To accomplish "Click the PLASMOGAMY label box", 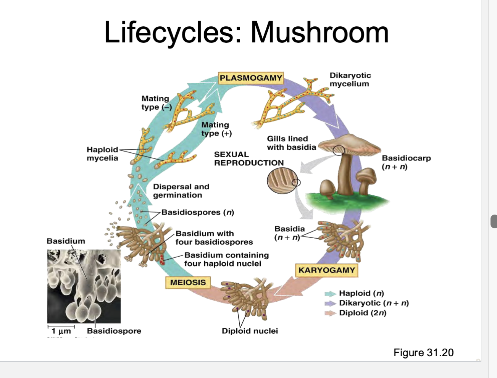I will (x=251, y=78).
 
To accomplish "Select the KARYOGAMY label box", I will (x=327, y=270).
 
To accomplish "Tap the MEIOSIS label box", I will (x=188, y=283).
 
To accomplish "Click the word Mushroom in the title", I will (x=319, y=32).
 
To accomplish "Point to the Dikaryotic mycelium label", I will (x=350, y=79).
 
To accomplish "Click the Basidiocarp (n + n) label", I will (x=406, y=162).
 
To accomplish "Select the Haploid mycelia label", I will (x=102, y=154).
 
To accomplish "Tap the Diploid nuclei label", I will (x=250, y=331).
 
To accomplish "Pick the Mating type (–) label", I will (x=156, y=103).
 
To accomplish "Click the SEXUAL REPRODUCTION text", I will (x=248, y=158).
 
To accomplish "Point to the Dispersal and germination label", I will (x=181, y=191).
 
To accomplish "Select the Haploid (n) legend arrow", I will (x=330, y=294).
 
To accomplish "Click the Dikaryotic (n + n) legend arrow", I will (x=330, y=304).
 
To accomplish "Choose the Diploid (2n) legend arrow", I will (x=330, y=313).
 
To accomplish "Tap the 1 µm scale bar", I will (x=61, y=327).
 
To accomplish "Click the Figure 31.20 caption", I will (x=423, y=352).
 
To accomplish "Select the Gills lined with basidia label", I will (x=291, y=143).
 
